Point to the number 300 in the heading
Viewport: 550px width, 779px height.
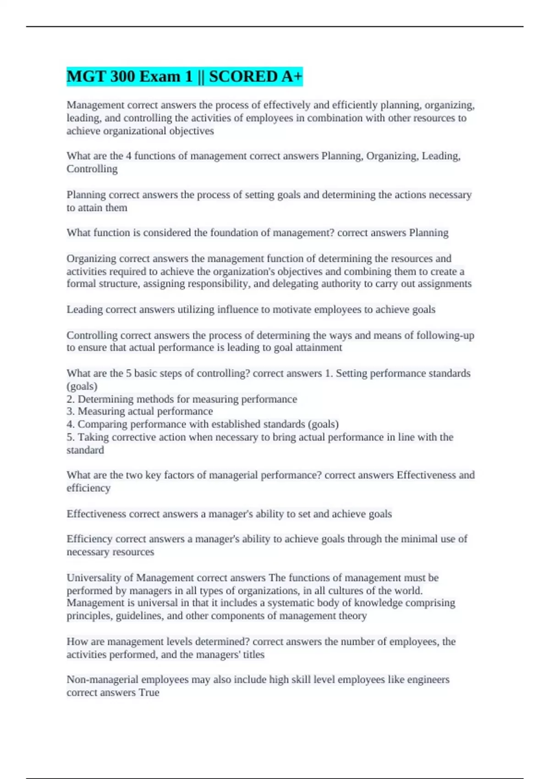pos(122,77)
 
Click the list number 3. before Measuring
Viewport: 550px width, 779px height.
pos(71,411)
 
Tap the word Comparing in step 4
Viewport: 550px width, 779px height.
pos(99,424)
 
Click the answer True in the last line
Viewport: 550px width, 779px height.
pos(149,692)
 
